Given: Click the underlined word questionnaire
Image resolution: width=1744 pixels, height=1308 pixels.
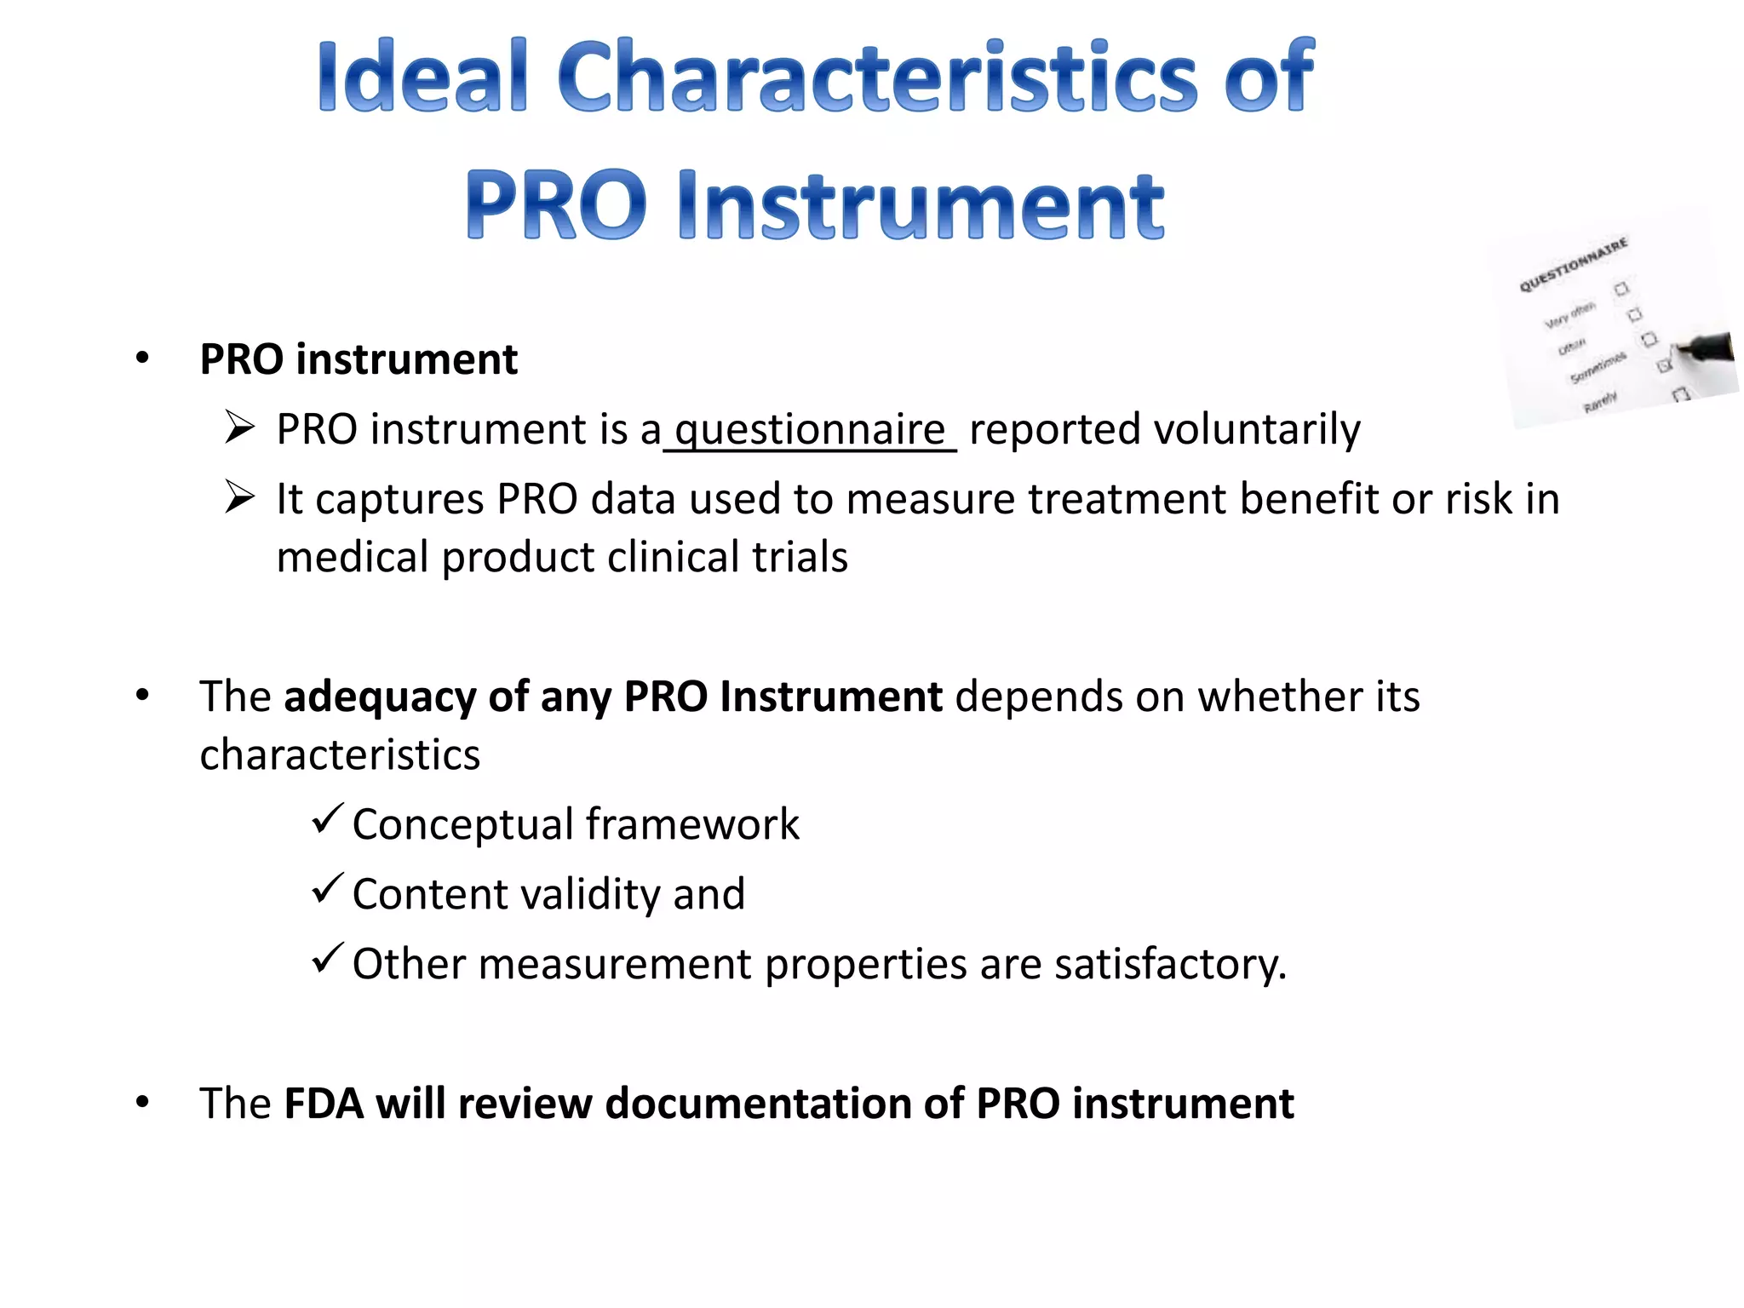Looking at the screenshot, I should (x=810, y=429).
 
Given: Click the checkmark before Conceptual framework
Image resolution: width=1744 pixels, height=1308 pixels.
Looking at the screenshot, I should (x=327, y=819).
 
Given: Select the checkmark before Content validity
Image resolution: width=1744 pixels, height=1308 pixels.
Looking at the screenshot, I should (x=327, y=889).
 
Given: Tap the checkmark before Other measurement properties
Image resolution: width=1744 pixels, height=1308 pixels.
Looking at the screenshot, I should (x=327, y=959).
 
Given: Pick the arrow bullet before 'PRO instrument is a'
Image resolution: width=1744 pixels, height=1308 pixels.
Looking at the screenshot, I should (x=240, y=427).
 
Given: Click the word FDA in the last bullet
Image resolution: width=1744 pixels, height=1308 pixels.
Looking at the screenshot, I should (x=323, y=1104).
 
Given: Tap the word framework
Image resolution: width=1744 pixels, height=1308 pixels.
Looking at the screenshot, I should (x=692, y=824).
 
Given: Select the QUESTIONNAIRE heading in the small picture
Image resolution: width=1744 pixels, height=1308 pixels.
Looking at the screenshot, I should (x=1573, y=265).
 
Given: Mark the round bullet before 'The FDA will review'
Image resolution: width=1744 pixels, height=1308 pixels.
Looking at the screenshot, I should (x=142, y=1102).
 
